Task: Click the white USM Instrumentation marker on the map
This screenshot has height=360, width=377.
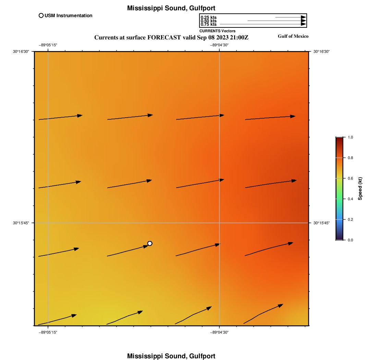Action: (x=150, y=243)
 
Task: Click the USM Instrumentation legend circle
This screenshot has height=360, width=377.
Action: (x=41, y=15)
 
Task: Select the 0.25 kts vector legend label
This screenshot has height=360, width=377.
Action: (x=208, y=17)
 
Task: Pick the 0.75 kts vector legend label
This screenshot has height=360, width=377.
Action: (x=208, y=24)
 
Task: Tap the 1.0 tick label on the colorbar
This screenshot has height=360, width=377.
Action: (x=350, y=137)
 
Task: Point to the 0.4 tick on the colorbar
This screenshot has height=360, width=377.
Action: (x=350, y=199)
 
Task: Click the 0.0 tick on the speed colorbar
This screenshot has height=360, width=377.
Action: (x=350, y=240)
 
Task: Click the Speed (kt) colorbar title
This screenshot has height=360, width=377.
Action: (x=360, y=189)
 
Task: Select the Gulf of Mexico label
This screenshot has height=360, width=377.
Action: (x=293, y=36)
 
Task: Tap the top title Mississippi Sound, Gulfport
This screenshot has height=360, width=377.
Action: (x=171, y=8)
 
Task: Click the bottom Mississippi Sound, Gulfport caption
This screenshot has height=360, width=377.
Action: (x=171, y=356)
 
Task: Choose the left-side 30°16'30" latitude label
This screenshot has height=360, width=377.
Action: (x=21, y=51)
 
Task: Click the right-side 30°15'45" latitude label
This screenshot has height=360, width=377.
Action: (x=321, y=223)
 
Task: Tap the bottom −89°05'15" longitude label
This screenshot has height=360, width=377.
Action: (x=48, y=332)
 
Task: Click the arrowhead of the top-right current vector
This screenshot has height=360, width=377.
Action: (x=293, y=116)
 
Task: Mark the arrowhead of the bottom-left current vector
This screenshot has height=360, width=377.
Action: (x=74, y=315)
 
